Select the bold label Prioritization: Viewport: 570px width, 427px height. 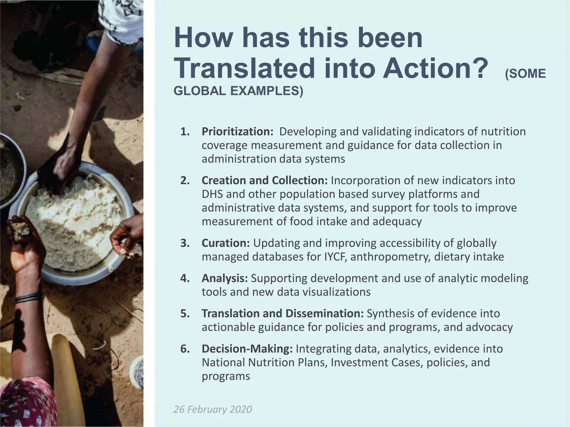pos(237,131)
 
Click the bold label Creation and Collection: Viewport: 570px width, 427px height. pos(265,180)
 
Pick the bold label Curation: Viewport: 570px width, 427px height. pos(226,243)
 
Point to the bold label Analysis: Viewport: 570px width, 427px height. pos(225,278)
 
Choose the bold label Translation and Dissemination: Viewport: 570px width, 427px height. pos(282,313)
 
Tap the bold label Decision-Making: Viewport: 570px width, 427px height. pos(247,349)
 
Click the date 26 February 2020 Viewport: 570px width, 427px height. pos(213,409)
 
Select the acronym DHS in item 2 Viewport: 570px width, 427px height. pos(212,194)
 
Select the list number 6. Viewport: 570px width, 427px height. pos(185,349)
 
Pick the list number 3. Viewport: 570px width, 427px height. pos(185,243)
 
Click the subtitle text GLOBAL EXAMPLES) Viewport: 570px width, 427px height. pos(238,91)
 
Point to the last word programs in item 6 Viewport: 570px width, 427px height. pos(226,376)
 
